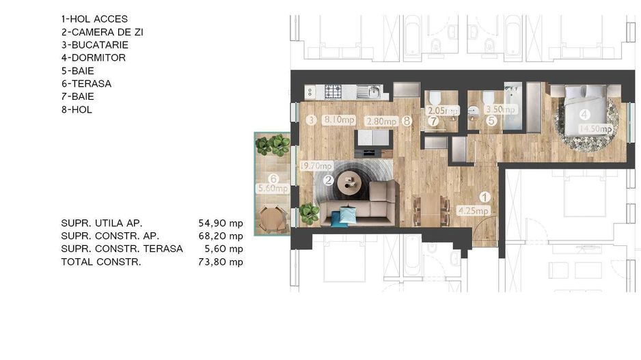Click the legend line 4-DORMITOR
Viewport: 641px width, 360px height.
(94, 58)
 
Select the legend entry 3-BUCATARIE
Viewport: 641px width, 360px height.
(94, 45)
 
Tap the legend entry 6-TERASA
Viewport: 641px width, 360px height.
(86, 83)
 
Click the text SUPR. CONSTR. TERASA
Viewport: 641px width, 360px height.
(122, 249)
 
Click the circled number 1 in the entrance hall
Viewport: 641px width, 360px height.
(484, 198)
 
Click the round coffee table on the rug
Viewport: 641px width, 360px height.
(354, 181)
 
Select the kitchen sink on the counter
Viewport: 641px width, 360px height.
(372, 92)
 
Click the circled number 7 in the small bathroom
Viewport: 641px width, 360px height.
(433, 122)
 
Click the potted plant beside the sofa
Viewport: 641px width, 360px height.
(310, 213)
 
